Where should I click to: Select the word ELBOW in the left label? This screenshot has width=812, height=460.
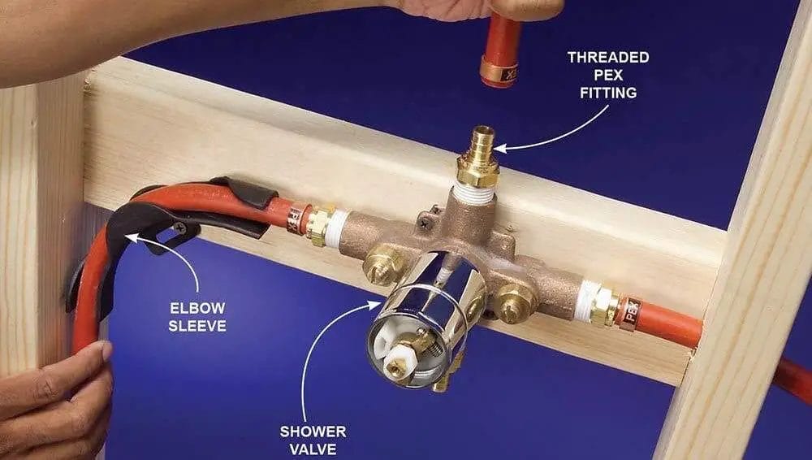point(198,309)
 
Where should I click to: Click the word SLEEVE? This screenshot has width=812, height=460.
point(198,327)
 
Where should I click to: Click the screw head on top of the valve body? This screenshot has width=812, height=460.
point(423,218)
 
